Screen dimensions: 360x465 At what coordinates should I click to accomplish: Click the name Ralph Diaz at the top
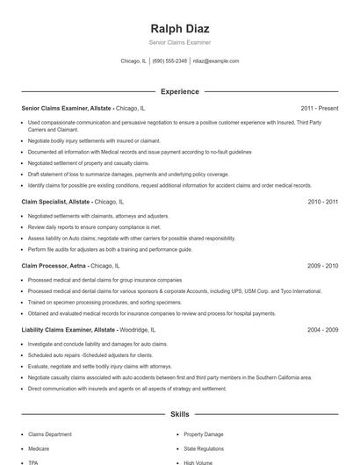click(x=179, y=28)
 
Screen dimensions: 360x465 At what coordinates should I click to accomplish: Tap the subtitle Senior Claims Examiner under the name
click(x=179, y=42)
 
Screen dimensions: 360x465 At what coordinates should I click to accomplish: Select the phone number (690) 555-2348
click(x=169, y=61)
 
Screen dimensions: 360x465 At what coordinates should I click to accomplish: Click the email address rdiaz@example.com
click(x=216, y=61)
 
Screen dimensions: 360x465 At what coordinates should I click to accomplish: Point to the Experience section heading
click(x=179, y=91)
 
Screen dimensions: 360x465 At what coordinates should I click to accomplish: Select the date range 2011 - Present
click(x=319, y=108)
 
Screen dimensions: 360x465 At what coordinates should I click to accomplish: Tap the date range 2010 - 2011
click(x=322, y=202)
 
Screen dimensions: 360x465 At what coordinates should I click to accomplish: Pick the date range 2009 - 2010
click(x=322, y=265)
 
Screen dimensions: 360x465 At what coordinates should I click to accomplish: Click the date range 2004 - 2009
click(x=322, y=329)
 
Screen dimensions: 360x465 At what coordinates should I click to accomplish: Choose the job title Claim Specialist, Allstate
click(x=56, y=202)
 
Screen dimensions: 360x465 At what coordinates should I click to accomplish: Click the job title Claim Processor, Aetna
click(x=54, y=265)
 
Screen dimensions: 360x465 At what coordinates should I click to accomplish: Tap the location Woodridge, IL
click(x=144, y=329)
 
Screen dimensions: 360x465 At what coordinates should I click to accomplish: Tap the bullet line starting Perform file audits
click(x=110, y=249)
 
